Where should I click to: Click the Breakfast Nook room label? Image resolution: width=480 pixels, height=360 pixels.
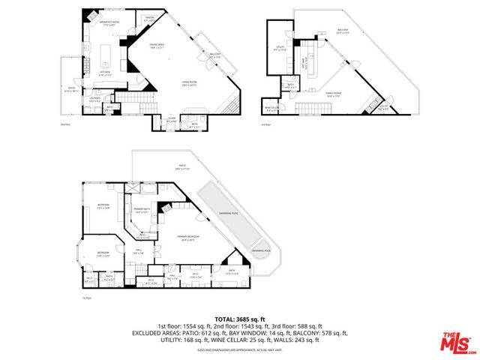(110, 22)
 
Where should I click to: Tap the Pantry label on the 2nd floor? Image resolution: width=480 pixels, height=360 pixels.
(149, 20)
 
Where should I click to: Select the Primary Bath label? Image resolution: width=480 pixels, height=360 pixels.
(142, 211)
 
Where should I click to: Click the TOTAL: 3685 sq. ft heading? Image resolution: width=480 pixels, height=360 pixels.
(238, 319)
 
